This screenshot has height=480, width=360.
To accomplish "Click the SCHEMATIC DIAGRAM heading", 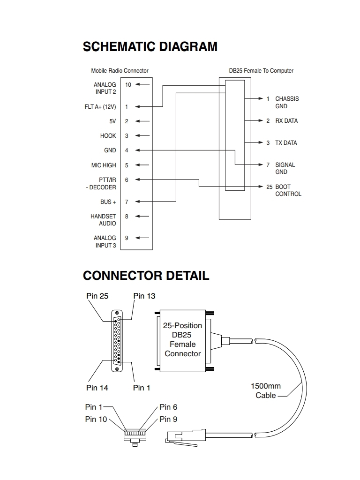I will click(x=150, y=47).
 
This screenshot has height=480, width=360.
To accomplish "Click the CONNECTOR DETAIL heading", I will click(x=146, y=275).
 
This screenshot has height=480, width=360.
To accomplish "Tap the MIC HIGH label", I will click(x=104, y=165).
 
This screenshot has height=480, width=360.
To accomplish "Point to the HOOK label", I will click(x=108, y=136).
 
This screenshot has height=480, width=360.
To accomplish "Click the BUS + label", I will click(x=108, y=202).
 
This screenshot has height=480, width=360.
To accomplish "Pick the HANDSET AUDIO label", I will click(x=103, y=220).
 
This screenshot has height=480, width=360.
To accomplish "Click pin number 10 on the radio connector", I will click(x=128, y=84).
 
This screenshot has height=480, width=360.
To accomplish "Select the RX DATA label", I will click(x=286, y=121).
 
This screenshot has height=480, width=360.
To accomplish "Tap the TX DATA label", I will click(x=286, y=143).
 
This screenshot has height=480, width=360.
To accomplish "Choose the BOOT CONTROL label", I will click(x=288, y=190).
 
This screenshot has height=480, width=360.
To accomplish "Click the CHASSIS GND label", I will click(x=286, y=102).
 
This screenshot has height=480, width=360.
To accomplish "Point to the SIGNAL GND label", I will click(x=285, y=168).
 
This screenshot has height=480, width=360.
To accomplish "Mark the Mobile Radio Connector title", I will click(x=120, y=71).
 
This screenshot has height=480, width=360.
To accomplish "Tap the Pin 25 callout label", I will click(x=97, y=296).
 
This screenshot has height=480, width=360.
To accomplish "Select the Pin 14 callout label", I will click(x=97, y=388).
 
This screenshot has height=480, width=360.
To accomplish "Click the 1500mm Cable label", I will click(x=266, y=390).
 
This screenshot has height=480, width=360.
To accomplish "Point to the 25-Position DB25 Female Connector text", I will click(x=183, y=339).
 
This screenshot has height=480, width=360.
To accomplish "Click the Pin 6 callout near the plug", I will click(x=168, y=407).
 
